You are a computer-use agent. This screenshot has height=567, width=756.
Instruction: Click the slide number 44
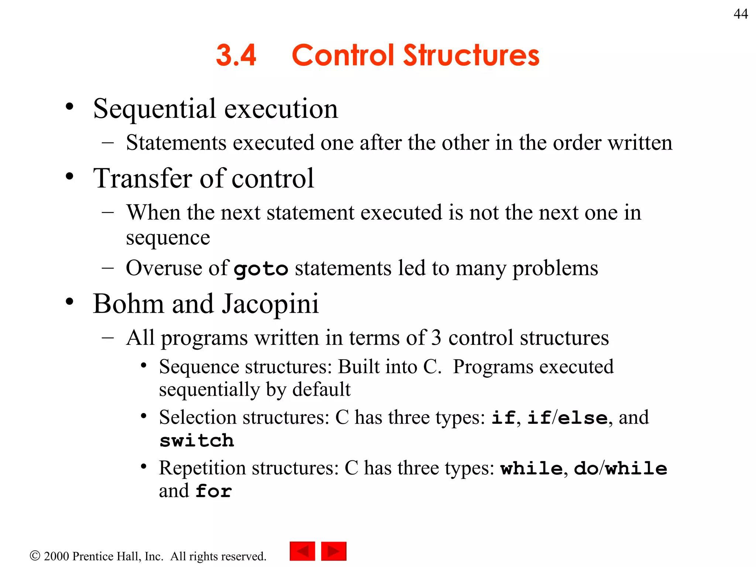point(740,14)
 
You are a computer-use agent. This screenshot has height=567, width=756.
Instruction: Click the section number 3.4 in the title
point(236,55)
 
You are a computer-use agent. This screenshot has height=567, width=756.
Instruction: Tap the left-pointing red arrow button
point(302,551)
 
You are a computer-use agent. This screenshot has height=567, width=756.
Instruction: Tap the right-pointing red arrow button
point(334,551)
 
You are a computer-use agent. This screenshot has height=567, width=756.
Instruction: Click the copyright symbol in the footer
point(35,556)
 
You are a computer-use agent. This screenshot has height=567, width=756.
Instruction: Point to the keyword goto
point(261,269)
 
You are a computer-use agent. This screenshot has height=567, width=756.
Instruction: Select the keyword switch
point(197,441)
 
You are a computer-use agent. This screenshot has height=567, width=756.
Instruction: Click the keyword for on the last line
point(214,491)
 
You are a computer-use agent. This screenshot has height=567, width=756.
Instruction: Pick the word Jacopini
point(270,304)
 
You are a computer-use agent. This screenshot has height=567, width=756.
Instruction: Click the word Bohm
point(128,304)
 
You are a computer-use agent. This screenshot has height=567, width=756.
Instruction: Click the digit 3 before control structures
point(436,338)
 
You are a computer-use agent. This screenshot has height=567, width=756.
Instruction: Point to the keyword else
point(582,418)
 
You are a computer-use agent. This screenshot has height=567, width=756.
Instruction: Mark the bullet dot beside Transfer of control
point(69,176)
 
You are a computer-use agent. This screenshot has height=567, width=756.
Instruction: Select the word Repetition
point(202,468)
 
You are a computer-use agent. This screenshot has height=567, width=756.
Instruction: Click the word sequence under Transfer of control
point(168,238)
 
